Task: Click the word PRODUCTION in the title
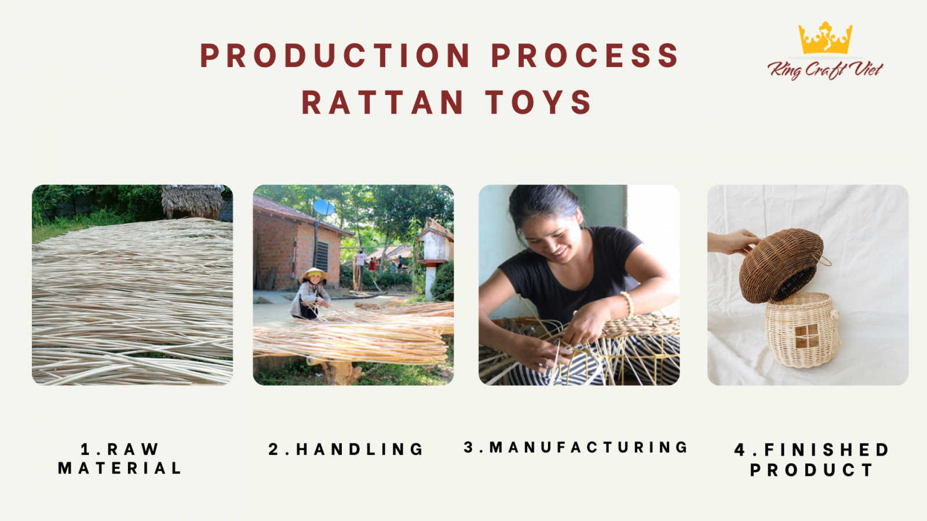click(x=334, y=55)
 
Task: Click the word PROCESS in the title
click(x=585, y=55)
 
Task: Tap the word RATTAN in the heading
click(x=382, y=102)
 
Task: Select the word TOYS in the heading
click(x=538, y=102)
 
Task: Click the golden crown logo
click(x=825, y=38)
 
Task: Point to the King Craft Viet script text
click(x=825, y=69)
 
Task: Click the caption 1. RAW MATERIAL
click(x=120, y=458)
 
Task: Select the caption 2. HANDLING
click(x=345, y=449)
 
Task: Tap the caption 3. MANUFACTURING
click(x=575, y=447)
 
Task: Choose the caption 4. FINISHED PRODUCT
click(x=811, y=460)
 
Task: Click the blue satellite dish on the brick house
click(x=323, y=208)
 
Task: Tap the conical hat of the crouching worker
click(x=314, y=274)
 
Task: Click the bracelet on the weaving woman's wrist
click(x=628, y=304)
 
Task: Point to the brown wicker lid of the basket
click(x=780, y=265)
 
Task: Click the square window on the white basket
click(x=806, y=336)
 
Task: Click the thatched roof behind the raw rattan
click(x=192, y=201)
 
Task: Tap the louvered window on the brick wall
click(x=322, y=256)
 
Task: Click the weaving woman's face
click(x=554, y=239)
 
